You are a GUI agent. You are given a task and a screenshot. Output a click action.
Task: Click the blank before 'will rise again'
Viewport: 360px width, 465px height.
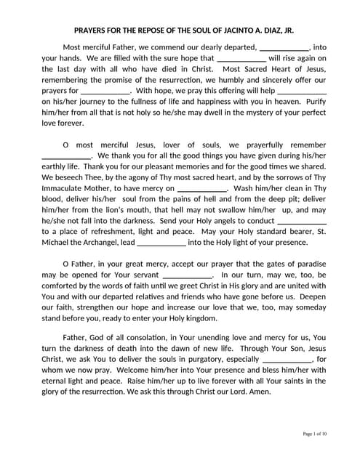241,59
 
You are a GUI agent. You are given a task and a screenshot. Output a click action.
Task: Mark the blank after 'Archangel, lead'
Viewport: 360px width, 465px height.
161,243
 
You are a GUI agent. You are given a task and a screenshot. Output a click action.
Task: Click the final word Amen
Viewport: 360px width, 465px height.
259,392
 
